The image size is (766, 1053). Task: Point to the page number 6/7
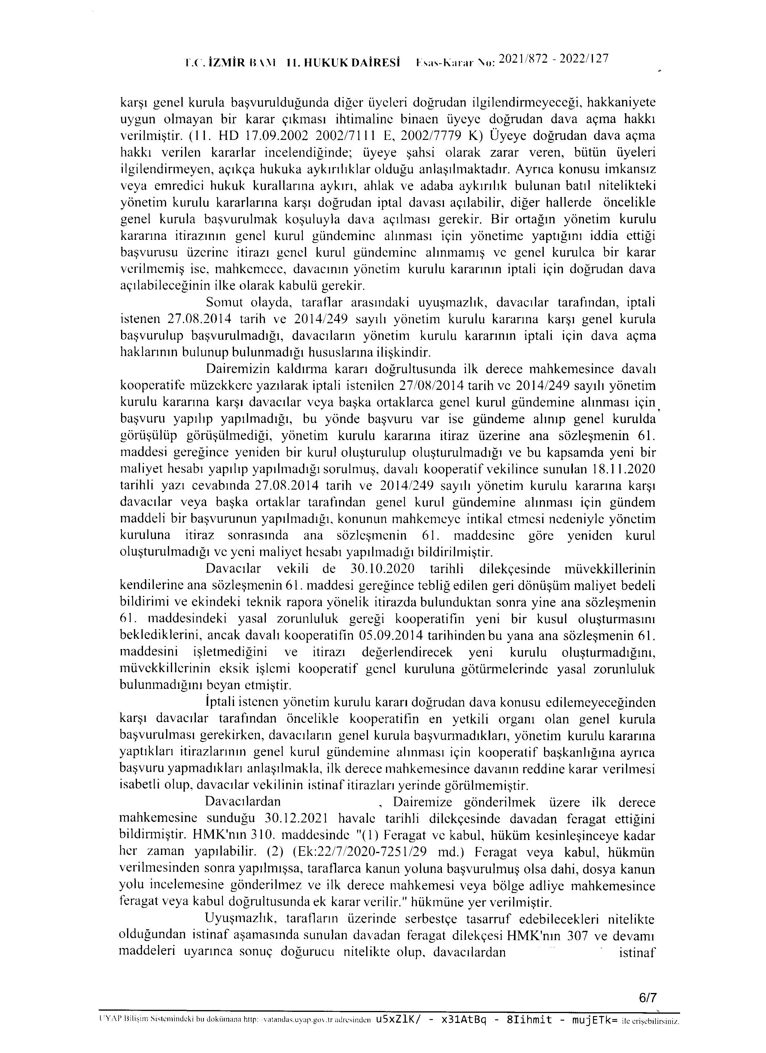pos(647,997)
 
